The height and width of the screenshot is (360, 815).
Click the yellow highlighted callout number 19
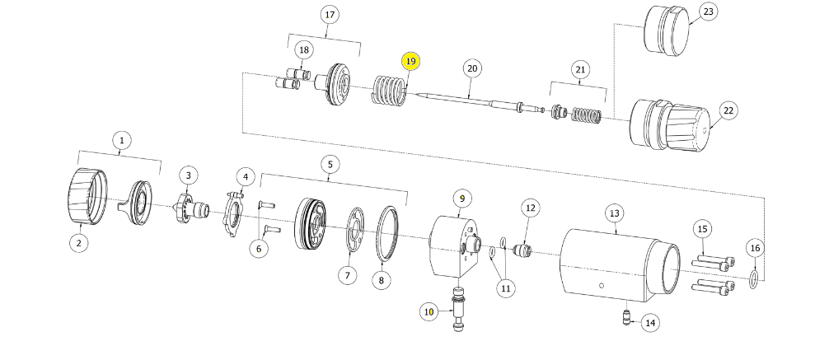[410, 61]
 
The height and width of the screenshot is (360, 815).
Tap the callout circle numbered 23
[709, 12]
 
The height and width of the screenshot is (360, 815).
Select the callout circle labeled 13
[615, 213]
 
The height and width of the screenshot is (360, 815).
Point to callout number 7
[348, 274]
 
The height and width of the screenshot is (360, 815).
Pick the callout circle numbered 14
[650, 323]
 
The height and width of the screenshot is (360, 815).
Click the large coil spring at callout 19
[390, 91]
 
